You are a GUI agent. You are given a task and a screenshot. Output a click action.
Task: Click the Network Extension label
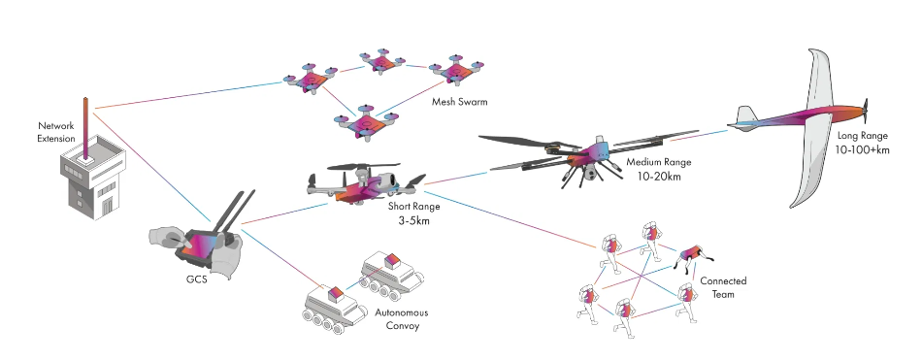pos(56,133)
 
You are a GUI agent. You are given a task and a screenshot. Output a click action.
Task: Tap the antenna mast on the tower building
pos(87,127)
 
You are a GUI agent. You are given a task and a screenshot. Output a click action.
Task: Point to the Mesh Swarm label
pos(460,100)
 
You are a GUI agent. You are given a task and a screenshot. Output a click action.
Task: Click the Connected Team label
pos(723,287)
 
